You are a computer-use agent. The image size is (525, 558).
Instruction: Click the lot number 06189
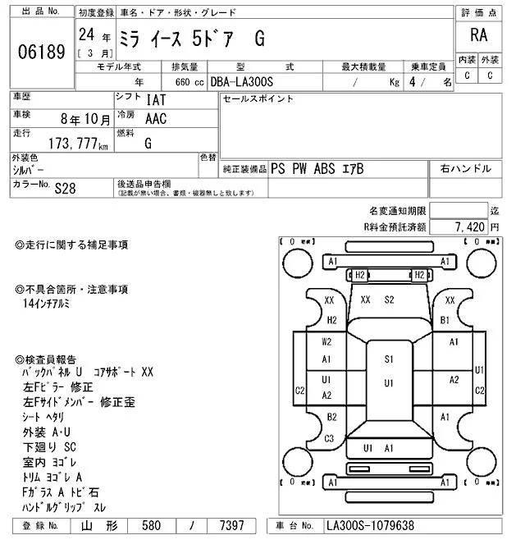(x=40, y=52)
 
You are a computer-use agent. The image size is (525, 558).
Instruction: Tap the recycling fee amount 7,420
(x=468, y=226)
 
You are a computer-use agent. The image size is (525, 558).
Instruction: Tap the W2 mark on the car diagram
(x=326, y=341)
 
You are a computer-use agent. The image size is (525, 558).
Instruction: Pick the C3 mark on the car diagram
(x=328, y=438)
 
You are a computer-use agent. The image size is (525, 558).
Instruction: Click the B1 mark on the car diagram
(x=445, y=320)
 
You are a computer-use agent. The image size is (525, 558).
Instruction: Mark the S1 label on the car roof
(x=389, y=359)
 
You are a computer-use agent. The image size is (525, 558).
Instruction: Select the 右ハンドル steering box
(x=466, y=168)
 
